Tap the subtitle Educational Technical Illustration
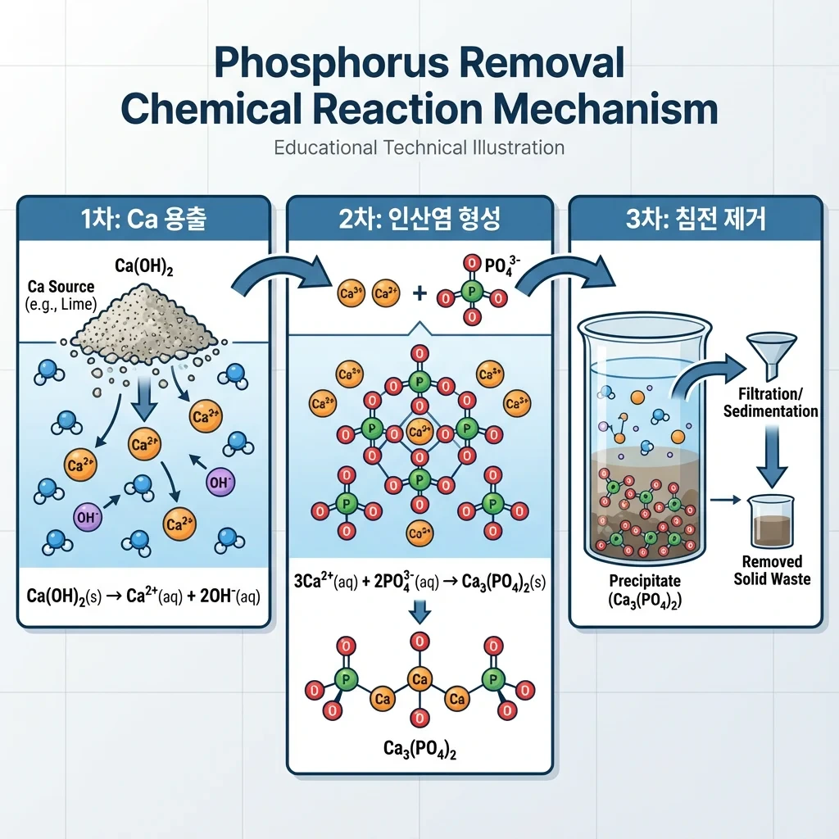click(x=419, y=148)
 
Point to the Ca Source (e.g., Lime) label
click(x=59, y=296)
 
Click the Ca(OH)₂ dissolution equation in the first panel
click(x=143, y=596)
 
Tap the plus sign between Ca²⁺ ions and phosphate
click(x=419, y=292)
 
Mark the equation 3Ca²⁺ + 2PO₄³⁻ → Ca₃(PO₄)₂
click(x=419, y=583)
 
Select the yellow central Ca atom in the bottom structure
click(x=419, y=679)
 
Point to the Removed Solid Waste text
click(x=771, y=570)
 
